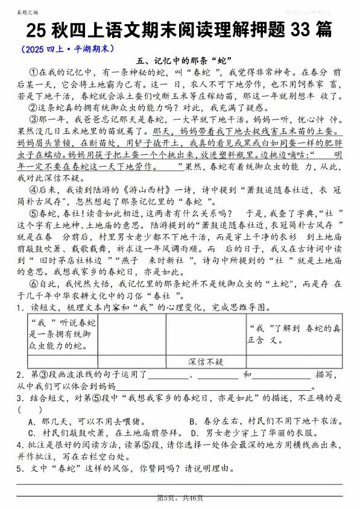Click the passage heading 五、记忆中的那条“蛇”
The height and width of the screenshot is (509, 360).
(178, 60)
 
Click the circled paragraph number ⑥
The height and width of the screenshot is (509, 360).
(34, 282)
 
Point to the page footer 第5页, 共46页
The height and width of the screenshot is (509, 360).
(180, 498)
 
